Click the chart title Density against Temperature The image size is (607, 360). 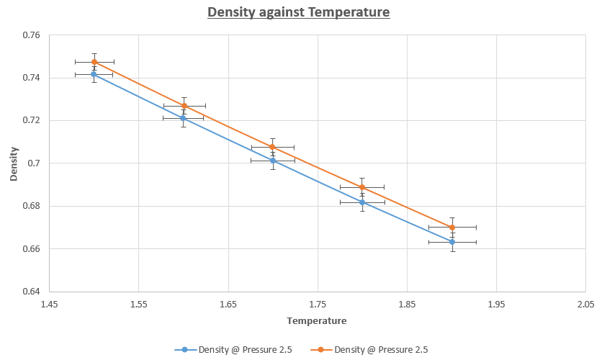298,12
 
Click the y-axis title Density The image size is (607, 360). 14,164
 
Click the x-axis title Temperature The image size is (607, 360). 316,320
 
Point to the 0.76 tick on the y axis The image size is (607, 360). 31,35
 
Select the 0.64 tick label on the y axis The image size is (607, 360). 31,292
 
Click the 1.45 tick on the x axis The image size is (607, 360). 49,304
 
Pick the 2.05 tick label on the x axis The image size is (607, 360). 585,304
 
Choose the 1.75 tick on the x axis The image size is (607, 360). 318,304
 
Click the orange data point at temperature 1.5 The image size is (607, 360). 94,62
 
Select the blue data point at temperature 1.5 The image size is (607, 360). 94,74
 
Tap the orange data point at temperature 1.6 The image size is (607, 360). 184,106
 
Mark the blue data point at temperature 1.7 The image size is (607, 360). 273,161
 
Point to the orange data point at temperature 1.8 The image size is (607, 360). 362,187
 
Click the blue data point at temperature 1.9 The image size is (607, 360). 452,242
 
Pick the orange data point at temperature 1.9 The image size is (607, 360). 452,228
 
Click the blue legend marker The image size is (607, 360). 185,350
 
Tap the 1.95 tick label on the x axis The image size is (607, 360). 496,304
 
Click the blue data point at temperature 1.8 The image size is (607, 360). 362,202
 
